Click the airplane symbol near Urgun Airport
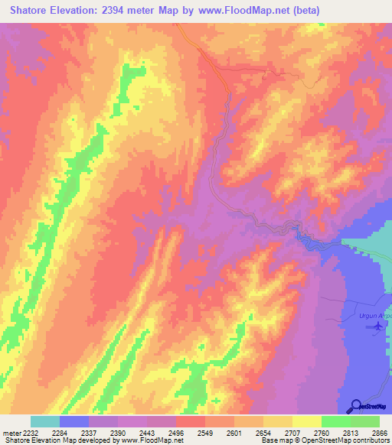coord(378,326)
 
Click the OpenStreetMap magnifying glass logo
coord(356,405)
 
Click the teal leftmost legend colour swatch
coord(45,421)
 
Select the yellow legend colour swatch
coord(306,421)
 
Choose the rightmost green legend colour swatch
coord(364,421)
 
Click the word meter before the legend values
coord(8,433)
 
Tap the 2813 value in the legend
coord(338,433)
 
